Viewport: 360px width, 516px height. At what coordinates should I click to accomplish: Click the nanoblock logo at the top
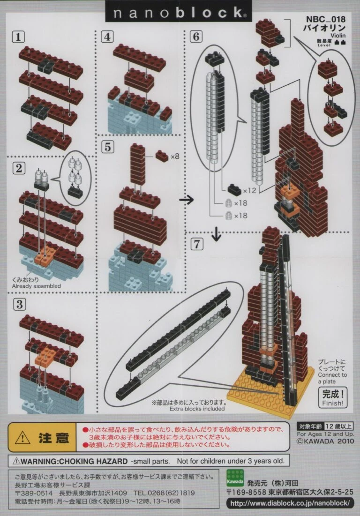179,13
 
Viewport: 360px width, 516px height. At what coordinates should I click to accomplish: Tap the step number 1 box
18,36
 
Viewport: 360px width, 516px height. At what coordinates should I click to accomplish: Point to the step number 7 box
197,244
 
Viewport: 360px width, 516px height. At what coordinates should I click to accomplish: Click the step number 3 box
19,305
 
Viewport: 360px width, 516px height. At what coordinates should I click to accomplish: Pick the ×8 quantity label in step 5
175,157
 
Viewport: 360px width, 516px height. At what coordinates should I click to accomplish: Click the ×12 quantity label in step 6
249,191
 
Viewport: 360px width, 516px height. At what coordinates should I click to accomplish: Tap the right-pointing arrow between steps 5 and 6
187,200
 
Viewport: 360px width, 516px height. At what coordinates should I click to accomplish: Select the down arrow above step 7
216,234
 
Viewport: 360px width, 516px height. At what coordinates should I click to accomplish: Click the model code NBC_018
326,20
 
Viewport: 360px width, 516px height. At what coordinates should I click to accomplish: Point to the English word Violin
338,35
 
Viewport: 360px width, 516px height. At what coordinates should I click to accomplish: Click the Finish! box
333,397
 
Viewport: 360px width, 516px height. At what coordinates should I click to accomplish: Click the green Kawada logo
235,478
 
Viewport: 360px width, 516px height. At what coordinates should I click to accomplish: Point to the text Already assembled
37,286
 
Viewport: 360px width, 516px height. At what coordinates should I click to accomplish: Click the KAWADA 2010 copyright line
325,441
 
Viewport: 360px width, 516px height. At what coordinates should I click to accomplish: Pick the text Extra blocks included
197,409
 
